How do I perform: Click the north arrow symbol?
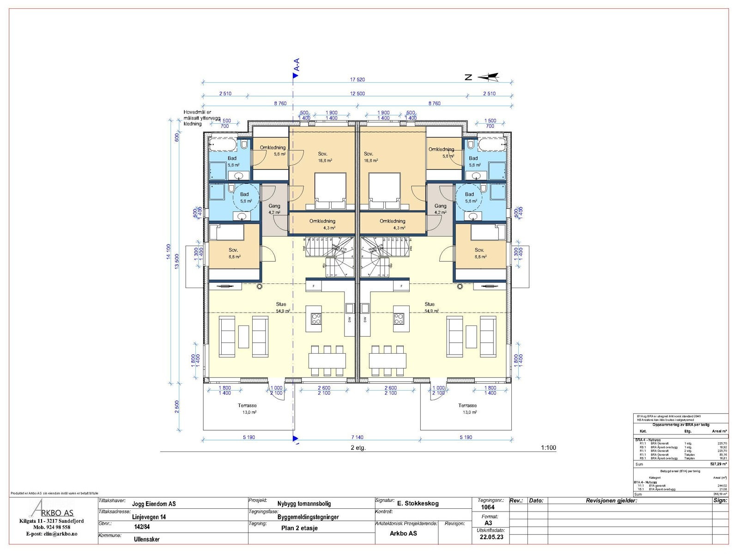(489, 77)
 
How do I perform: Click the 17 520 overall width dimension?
(357, 79)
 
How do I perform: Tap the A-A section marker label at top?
(297, 65)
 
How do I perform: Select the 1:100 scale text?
(548, 447)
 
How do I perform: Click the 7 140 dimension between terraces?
(357, 437)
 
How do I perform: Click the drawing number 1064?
(488, 507)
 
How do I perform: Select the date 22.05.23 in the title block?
(491, 537)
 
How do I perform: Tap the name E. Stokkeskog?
(418, 504)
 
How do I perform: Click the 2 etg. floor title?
(358, 447)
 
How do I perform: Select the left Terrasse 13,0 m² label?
(248, 409)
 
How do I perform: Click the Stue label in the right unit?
(430, 304)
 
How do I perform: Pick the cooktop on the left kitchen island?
(316, 318)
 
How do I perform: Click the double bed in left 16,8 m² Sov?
(330, 188)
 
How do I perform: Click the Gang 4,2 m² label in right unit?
(440, 209)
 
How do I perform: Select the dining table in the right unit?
(388, 360)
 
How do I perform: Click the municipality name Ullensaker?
(146, 539)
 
